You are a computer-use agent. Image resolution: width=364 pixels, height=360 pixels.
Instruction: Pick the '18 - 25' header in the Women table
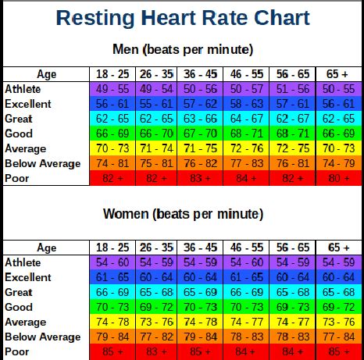coord(112,248)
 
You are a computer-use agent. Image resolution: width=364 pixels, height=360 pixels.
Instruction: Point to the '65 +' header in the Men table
coord(337,74)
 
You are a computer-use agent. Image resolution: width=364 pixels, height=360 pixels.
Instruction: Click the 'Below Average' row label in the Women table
coord(43,337)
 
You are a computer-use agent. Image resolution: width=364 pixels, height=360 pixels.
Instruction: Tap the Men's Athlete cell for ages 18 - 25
coord(112,89)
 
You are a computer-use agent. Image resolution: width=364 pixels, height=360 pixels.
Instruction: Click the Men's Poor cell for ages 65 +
coord(337,178)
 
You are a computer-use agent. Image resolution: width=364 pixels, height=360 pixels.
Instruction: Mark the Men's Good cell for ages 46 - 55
coord(248,134)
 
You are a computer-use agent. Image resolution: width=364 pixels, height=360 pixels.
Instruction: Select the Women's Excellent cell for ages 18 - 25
coord(112,277)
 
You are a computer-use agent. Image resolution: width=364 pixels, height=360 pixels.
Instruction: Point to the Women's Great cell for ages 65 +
coord(337,292)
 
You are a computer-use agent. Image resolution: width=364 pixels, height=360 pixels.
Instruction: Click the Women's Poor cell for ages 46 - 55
coord(248,351)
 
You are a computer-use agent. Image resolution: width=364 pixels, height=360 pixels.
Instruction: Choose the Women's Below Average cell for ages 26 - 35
coord(157,337)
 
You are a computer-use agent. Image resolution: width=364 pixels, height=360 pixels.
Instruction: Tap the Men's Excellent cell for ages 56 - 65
coord(292,104)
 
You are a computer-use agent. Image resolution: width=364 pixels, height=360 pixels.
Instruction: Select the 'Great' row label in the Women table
coord(20,292)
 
